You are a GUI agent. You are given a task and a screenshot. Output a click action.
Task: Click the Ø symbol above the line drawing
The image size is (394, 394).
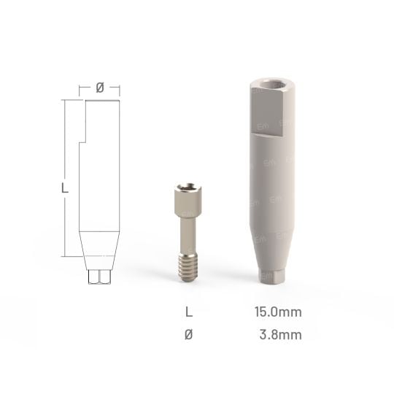[100, 88]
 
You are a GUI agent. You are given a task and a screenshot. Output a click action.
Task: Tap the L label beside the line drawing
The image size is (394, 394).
[65, 188]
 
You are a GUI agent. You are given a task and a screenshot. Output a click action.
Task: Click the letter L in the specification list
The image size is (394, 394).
[190, 312]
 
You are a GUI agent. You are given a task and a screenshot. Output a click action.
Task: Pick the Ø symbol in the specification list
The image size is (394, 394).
[190, 334]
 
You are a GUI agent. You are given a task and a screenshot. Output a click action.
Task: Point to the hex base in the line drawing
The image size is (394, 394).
[99, 278]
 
